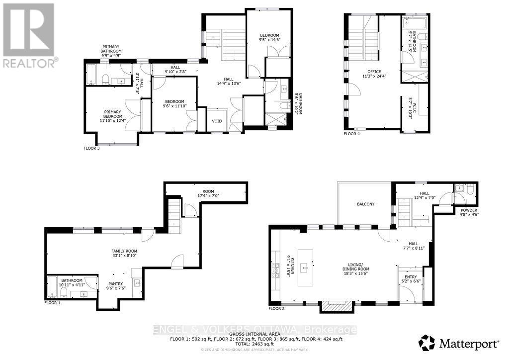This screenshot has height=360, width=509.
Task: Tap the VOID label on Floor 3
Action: pos(217,121)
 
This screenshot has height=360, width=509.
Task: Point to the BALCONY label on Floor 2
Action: pos(365,204)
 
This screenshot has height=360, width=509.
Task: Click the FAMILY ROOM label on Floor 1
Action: pos(124,251)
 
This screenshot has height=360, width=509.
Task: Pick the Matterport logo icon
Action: pos(427,343)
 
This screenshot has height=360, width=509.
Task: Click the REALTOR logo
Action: pos(28,35)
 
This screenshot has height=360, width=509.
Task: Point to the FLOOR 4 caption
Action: pos(353,133)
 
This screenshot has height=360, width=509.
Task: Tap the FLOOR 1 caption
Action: pos(52,302)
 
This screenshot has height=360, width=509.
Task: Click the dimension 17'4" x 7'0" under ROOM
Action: pos(208,196)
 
